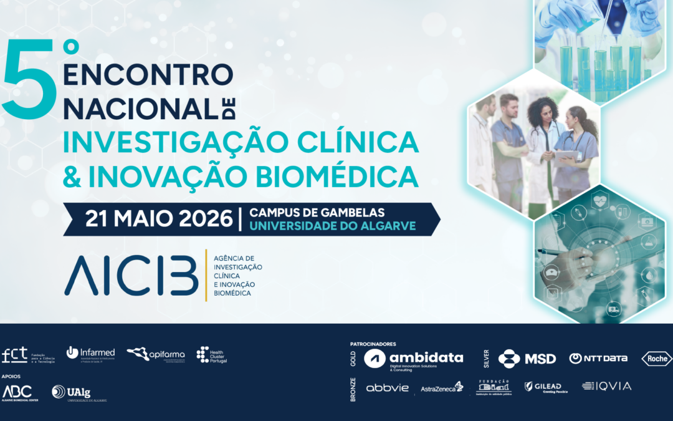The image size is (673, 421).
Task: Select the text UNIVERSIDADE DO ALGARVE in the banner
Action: (x=333, y=226)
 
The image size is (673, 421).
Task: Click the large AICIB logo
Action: (x=130, y=274)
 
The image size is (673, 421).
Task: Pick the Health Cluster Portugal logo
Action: (x=212, y=355)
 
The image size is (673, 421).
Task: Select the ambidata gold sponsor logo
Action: (x=414, y=359)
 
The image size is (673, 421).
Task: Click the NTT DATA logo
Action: (x=598, y=359)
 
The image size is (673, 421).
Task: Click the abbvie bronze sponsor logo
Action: (x=387, y=387)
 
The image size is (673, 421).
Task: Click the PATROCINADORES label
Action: (x=374, y=344)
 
